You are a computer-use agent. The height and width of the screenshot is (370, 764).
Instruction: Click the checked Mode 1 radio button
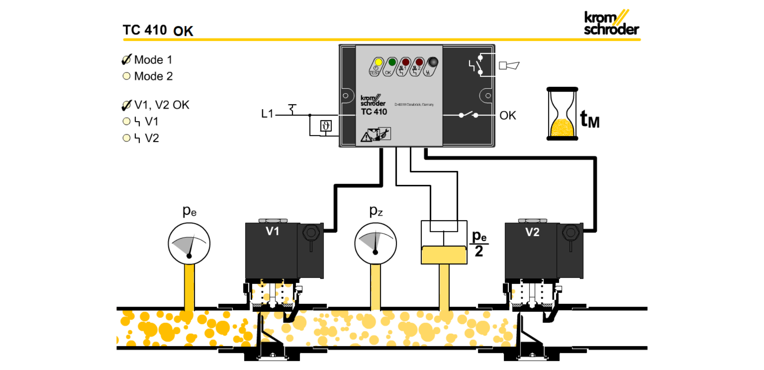(x=127, y=60)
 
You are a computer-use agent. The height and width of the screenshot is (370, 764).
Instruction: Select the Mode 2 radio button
(x=127, y=76)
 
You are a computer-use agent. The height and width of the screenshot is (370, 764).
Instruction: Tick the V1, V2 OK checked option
(x=127, y=105)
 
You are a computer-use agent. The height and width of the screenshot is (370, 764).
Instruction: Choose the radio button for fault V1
(x=127, y=121)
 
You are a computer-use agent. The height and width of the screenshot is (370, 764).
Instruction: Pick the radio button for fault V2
(x=127, y=138)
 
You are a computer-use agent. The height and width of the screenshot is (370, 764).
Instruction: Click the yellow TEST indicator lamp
(x=378, y=62)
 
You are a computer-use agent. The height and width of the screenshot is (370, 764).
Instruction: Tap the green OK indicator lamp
(x=392, y=62)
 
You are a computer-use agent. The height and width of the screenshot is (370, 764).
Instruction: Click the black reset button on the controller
(x=433, y=62)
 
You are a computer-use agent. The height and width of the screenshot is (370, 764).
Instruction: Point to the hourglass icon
(x=562, y=114)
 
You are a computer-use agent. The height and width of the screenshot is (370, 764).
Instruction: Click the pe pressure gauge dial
(x=189, y=244)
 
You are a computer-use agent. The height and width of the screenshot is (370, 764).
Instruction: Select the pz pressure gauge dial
(x=375, y=244)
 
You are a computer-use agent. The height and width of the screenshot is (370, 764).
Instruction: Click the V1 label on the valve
(x=272, y=231)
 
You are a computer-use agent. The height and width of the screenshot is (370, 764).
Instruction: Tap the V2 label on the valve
(x=532, y=232)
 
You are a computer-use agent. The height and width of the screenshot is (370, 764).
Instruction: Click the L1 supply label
(x=267, y=114)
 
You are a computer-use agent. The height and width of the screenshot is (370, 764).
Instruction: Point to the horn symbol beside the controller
(x=509, y=65)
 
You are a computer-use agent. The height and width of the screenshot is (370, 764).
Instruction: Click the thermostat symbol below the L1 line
(x=326, y=126)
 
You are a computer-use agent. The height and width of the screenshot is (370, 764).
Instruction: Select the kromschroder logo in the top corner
(x=611, y=23)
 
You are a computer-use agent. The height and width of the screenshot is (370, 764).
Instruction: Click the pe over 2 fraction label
(x=479, y=244)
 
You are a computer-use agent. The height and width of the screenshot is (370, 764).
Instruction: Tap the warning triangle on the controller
(x=366, y=138)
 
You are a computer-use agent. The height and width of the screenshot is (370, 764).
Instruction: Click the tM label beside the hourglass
(x=589, y=119)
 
